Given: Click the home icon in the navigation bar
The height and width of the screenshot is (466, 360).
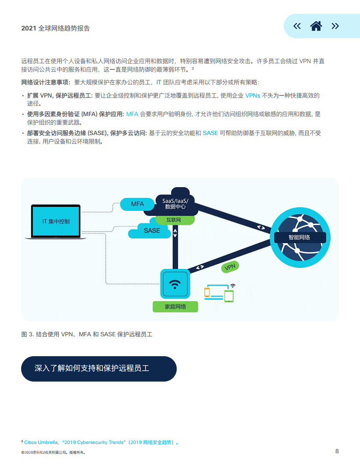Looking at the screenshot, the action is [x=316, y=26].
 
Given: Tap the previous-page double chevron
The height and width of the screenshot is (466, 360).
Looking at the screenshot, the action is [x=297, y=26].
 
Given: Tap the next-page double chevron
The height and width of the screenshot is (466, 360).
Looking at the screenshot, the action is [x=335, y=26].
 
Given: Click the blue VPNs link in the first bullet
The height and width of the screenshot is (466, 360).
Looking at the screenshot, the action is [x=252, y=95].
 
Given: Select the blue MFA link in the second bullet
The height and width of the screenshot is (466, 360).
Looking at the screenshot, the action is [x=132, y=114].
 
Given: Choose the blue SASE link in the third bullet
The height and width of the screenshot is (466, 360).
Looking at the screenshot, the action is [x=210, y=133].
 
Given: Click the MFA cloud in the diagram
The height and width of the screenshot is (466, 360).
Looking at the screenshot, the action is [x=137, y=204].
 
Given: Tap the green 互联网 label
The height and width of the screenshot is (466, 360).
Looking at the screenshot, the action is [x=173, y=220].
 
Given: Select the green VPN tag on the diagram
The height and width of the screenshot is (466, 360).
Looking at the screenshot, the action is [x=230, y=267].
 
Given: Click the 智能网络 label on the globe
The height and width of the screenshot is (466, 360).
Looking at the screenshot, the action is [x=300, y=237].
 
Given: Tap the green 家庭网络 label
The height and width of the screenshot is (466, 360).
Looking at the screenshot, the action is [x=175, y=307].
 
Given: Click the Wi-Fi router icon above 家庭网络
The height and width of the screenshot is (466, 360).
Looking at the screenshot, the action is [x=175, y=284].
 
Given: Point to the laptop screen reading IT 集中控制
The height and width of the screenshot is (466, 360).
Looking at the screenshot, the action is [x=56, y=222].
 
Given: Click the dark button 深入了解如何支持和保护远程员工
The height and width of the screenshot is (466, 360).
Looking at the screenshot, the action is [x=99, y=368].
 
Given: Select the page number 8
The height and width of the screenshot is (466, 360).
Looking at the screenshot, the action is [x=337, y=451].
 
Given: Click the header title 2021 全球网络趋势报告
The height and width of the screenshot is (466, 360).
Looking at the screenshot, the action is [x=56, y=28].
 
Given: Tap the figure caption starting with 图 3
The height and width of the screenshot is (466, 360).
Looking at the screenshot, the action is [x=87, y=334].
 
